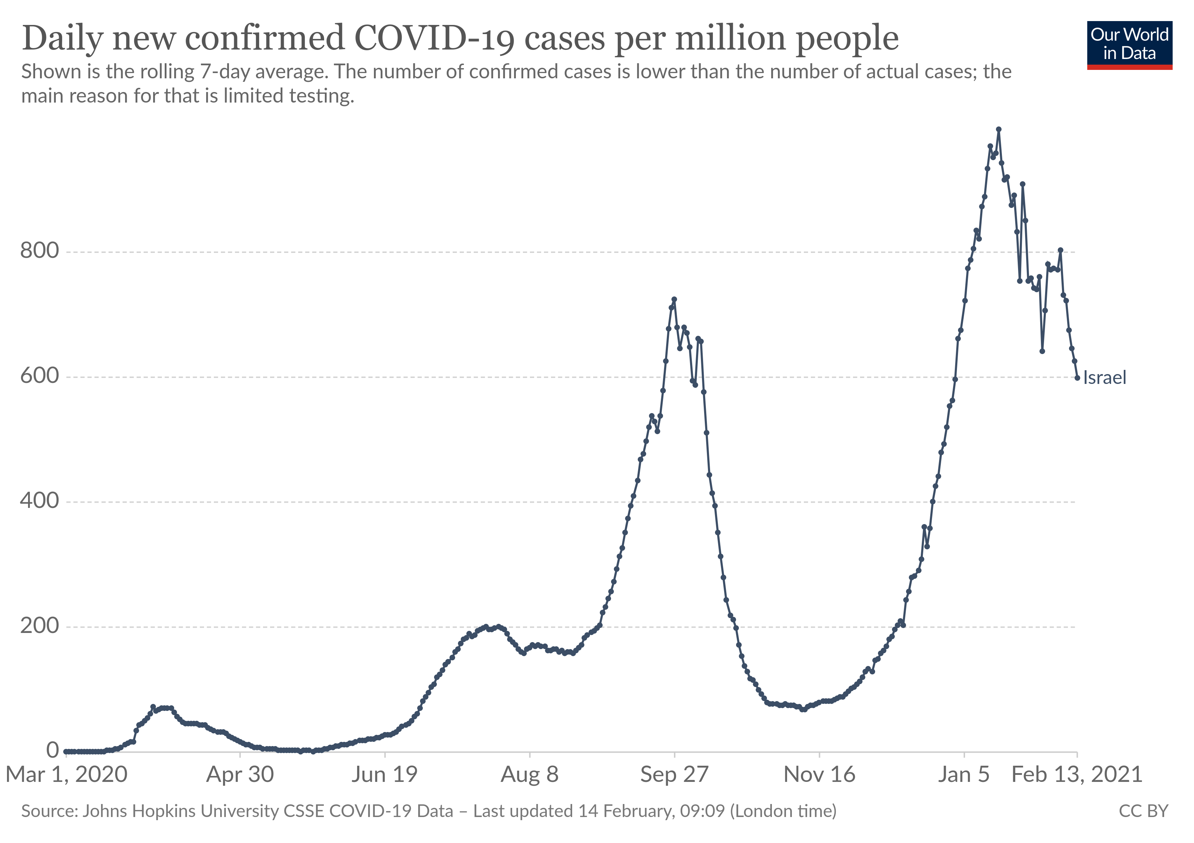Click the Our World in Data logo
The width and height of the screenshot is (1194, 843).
coord(1129,45)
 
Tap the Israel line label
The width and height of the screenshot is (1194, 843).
coord(1104,378)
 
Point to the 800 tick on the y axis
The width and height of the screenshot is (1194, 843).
coord(40,251)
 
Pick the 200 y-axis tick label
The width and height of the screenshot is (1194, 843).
coord(40,626)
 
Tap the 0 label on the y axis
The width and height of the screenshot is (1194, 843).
coord(53,750)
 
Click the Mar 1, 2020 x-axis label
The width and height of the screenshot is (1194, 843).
coord(67,775)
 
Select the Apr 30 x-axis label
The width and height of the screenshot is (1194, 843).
coord(240,775)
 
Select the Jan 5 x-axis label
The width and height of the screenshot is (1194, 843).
coord(964,775)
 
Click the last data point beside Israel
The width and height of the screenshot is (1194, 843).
coord(1077,378)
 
